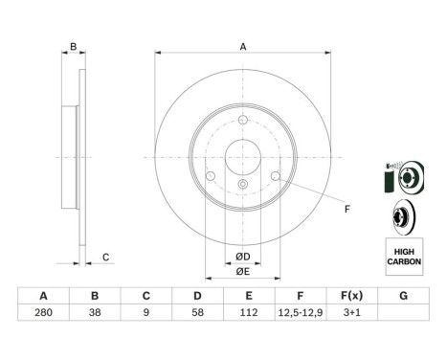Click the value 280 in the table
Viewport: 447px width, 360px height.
click(x=43, y=312)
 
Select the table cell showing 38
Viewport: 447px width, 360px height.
click(x=95, y=312)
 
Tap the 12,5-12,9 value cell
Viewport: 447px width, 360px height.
click(x=301, y=312)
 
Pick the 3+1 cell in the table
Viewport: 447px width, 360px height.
click(x=352, y=312)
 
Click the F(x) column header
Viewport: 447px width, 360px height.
click(x=352, y=296)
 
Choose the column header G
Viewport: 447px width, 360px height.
click(x=404, y=296)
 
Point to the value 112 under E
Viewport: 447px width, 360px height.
click(x=249, y=312)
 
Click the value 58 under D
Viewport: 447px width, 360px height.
click(x=197, y=312)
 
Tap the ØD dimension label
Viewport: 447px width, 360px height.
click(x=243, y=257)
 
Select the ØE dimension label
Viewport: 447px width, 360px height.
click(x=243, y=272)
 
